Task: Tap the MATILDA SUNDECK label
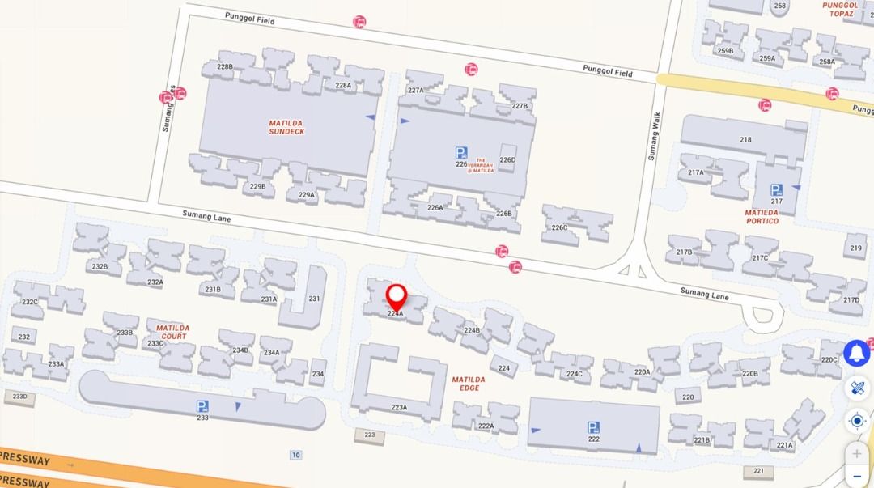[x=286, y=127]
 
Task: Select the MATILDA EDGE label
[x=469, y=384]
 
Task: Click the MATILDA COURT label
[x=172, y=332]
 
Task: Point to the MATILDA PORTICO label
[x=762, y=216]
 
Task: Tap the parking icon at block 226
[x=460, y=152]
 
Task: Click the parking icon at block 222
[x=593, y=427]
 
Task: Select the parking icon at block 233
[x=202, y=406]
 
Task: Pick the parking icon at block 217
[x=776, y=190]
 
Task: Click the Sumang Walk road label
[x=654, y=136]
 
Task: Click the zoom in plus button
[x=857, y=454]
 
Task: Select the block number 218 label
[x=745, y=139]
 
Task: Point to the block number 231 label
[x=314, y=299]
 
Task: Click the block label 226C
[x=559, y=227]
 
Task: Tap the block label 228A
[x=343, y=85]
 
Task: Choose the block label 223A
[x=399, y=407]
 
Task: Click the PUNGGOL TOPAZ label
[x=840, y=10]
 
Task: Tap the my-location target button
[x=857, y=421]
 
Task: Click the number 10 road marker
[x=296, y=455]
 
